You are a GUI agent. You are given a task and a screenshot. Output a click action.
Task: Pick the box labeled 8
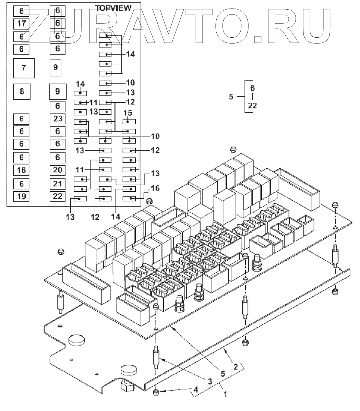tap(22, 91)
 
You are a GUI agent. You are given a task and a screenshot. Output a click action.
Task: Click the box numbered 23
tap(58, 119)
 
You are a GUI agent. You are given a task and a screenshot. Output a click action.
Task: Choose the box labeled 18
tap(21, 170)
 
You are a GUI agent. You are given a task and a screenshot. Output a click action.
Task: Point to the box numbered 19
tap(21, 196)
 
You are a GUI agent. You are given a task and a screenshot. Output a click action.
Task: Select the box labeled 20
tap(58, 170)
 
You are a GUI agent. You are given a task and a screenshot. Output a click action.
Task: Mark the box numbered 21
tap(58, 184)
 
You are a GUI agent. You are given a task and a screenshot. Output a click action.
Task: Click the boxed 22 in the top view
tap(58, 196)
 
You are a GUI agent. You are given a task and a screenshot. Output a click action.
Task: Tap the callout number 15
tap(128, 113)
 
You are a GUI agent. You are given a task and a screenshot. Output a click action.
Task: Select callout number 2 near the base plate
tap(236, 367)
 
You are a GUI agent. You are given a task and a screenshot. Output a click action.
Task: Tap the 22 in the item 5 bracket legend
tap(252, 106)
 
